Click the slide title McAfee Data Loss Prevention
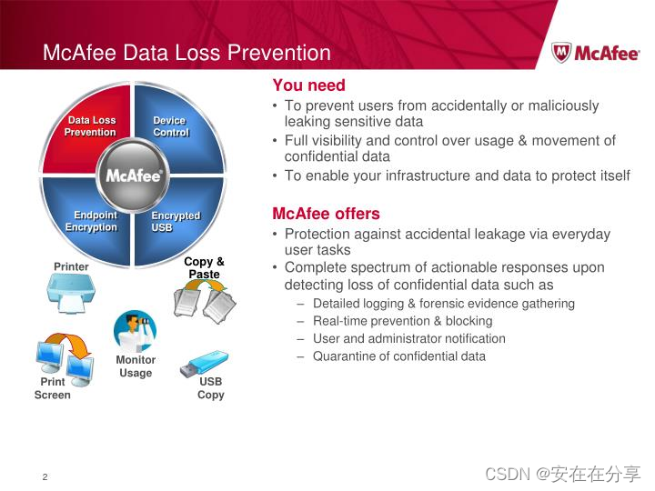186,53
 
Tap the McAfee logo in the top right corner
595,52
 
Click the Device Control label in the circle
170,126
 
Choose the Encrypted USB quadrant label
175,221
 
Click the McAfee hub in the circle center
133,175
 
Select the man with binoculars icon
135,331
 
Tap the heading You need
309,85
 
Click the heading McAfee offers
326,214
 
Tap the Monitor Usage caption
136,366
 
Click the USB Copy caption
210,388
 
